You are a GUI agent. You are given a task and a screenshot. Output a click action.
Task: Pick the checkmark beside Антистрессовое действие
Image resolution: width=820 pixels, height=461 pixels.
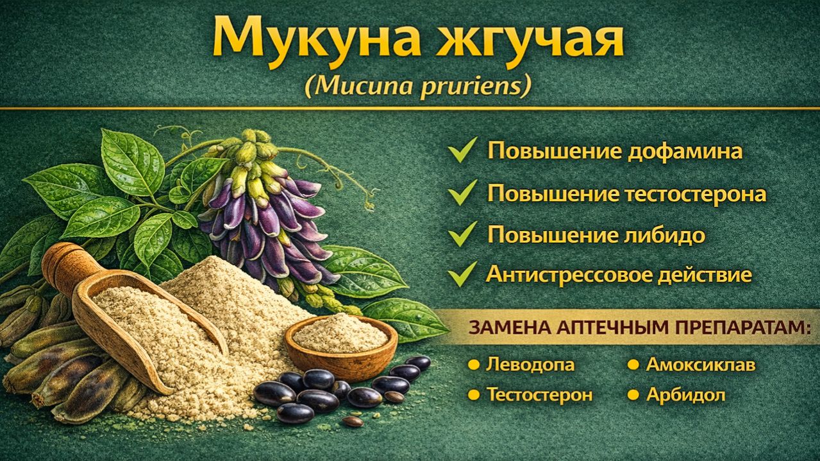tap(462, 274)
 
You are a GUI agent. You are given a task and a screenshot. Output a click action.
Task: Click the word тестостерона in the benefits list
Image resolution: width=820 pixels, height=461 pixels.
tap(696, 193)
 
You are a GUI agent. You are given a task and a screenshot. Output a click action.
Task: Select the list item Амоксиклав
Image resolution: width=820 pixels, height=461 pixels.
tap(700, 365)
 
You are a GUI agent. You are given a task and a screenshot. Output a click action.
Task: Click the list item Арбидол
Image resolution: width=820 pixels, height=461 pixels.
tap(685, 394)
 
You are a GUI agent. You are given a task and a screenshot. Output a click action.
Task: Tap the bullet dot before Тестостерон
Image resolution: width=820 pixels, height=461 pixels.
tap(474, 394)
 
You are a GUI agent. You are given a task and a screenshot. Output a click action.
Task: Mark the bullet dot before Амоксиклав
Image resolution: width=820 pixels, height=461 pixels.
tap(633, 365)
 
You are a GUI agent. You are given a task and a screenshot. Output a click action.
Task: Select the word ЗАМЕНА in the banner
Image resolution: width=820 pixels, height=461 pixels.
tap(506, 327)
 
